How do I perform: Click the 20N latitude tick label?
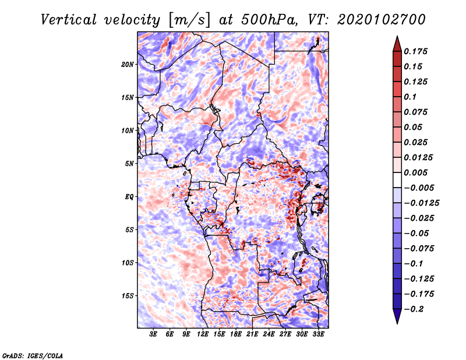(x=128, y=64)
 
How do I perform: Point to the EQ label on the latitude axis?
(x=129, y=196)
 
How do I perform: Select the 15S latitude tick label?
(x=128, y=296)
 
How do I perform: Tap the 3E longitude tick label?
(x=153, y=334)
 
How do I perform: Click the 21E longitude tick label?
(x=252, y=334)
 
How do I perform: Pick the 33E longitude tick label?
(x=318, y=334)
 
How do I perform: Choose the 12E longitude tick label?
(x=203, y=334)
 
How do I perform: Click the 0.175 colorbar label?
(x=415, y=51)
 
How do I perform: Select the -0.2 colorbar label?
(x=414, y=309)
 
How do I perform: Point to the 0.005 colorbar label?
(x=415, y=172)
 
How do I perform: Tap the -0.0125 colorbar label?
(x=421, y=203)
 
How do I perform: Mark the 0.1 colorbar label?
(x=410, y=97)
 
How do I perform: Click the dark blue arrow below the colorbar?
(x=397, y=315)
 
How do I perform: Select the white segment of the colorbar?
(x=397, y=180)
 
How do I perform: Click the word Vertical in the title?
(x=69, y=20)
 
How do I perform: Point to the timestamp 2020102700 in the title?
(x=382, y=20)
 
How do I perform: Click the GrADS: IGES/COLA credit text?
(x=33, y=355)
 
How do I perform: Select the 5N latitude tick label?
(x=129, y=164)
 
